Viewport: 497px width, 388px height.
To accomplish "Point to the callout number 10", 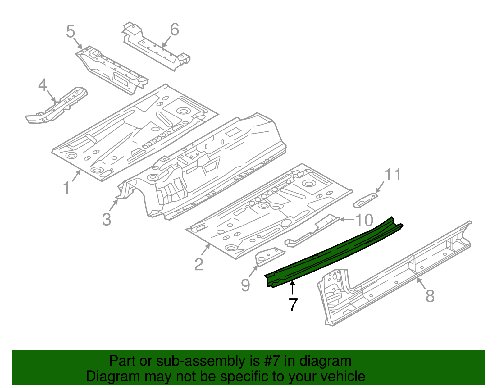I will point(364,220).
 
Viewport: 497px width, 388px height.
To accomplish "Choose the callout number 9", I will point(245,285).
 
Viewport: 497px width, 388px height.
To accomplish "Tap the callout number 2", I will point(199,264).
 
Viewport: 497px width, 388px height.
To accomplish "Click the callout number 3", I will point(107,219).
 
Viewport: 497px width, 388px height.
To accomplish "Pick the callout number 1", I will point(66,188).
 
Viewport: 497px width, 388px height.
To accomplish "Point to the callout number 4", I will point(43,85).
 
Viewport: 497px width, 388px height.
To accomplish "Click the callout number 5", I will point(71,32).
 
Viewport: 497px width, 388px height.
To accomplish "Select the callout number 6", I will point(175,30).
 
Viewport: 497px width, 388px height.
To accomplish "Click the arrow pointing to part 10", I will point(346,219).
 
